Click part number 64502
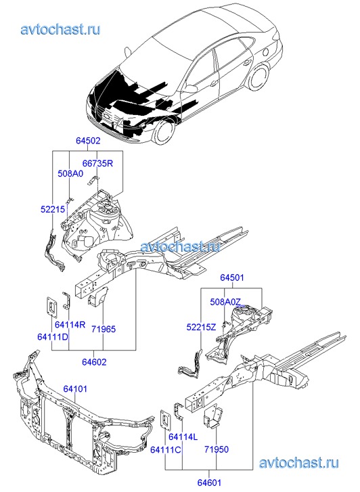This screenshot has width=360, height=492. pos(88,141)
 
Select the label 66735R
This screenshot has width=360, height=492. pos(97,163)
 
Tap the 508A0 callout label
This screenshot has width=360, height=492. pos(70,173)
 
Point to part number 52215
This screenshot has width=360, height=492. pos(53,209)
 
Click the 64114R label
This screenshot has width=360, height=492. pos(70,324)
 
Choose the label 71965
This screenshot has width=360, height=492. pos(104,329)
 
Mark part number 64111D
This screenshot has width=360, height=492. pos(53,336)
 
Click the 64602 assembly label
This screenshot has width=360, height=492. pos(95,362)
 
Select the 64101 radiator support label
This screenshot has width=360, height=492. pos(75,388)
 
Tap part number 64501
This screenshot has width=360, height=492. pos(232,277)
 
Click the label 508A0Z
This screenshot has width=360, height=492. pos(225,302)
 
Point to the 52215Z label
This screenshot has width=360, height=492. pos(201,328)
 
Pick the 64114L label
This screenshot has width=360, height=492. pos(183,437)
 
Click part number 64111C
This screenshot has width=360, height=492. pos(166,449)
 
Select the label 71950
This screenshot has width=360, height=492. pos(217,449)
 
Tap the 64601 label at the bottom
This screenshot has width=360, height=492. pos(209,483)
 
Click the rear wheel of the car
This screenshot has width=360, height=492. pos(258,77)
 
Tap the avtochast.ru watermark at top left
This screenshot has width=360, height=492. pos(61,30)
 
